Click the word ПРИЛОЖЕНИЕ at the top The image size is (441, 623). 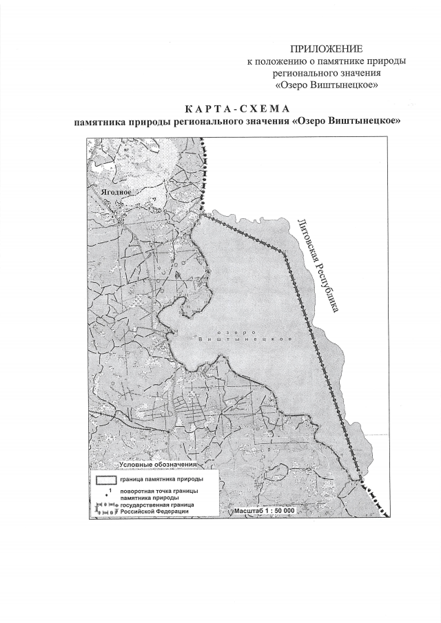[x=326, y=49]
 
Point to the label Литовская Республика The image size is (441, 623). [x=318, y=266]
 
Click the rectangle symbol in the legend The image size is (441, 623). [x=105, y=478]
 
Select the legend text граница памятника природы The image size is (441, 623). [x=161, y=478]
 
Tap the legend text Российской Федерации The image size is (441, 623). [x=154, y=511]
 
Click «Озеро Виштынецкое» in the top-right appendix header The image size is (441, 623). [x=326, y=85]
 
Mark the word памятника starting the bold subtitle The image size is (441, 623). [x=101, y=122]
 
